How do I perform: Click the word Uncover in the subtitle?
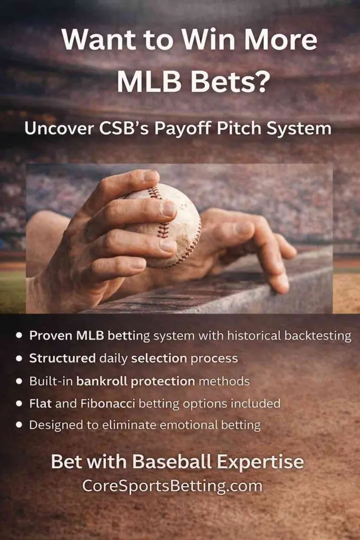pos(59,128)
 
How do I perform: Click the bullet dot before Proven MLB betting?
pos(20,335)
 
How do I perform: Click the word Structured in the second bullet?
pos(62,358)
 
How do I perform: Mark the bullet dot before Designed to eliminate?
pos(20,425)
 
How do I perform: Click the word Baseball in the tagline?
pos(172,461)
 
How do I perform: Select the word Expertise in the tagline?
pos(260,462)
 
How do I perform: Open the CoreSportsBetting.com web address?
pos(172,486)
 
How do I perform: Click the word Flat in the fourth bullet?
pos(40,403)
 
